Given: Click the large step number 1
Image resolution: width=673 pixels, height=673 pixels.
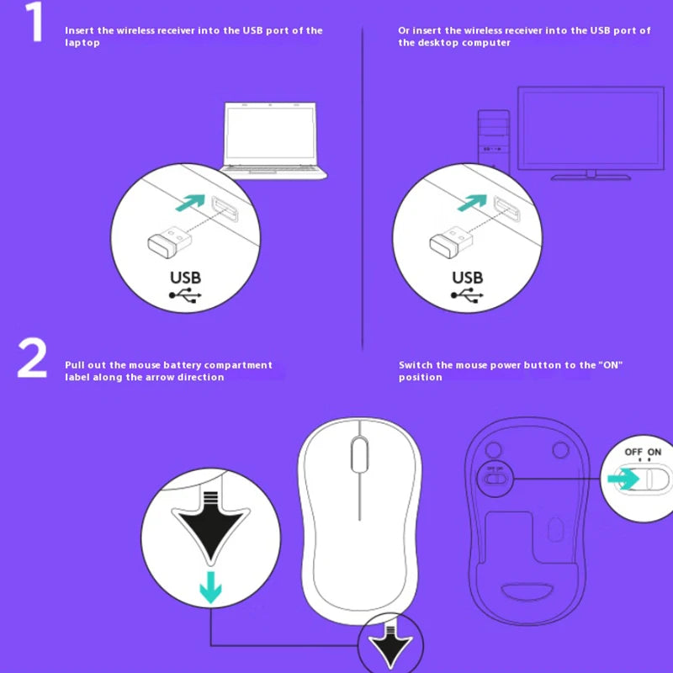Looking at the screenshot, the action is tap(34, 22).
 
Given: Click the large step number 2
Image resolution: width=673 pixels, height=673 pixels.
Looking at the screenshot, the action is tap(33, 358).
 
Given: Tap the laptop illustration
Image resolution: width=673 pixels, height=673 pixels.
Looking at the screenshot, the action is tap(273, 140).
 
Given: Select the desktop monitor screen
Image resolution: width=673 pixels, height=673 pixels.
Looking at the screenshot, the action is tap(591, 129).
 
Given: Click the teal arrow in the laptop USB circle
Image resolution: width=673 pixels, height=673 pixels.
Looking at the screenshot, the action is tap(191, 202).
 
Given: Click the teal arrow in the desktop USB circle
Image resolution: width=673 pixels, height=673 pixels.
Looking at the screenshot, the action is tap(473, 202).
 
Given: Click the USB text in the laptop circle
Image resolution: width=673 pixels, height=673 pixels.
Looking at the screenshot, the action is tap(185, 278).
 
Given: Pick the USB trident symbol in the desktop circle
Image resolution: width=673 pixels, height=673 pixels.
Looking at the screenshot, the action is tap(467, 295).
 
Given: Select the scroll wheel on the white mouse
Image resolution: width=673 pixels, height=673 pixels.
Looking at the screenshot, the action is tap(360, 453).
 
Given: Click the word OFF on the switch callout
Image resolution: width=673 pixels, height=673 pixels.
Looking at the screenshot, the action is tap(633, 452).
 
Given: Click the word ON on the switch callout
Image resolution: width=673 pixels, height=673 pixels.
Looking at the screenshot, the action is tap(654, 452).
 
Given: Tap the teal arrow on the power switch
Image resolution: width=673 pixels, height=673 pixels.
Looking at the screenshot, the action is tap(623, 479).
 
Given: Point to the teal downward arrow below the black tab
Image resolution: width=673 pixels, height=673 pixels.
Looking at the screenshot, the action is tap(211, 587).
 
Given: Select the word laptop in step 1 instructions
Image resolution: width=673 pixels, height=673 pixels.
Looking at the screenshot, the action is tap(82, 43).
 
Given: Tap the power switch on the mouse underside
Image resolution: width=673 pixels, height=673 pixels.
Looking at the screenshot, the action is tap(495, 479).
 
